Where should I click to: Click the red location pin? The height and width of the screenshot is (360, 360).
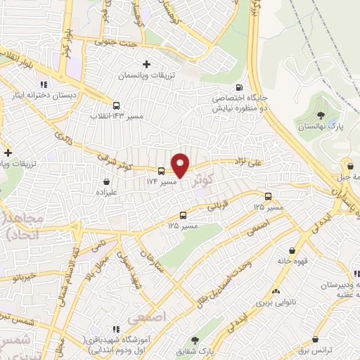point(181,165)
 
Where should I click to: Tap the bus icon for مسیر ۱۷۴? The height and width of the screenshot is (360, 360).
point(162,171)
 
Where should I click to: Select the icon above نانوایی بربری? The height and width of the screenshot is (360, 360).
point(276,290)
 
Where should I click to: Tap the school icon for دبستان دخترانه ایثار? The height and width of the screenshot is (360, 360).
point(44,86)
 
